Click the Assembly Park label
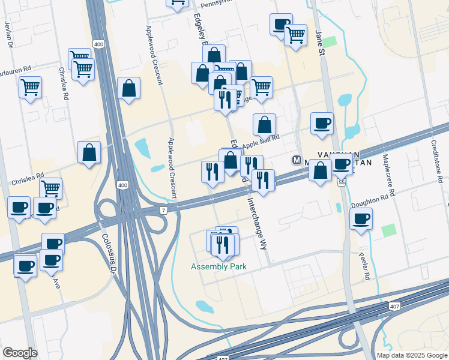(218, 266)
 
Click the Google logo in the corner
(20, 353)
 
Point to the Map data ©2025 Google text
(412, 355)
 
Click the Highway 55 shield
(340, 181)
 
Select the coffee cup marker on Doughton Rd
(360, 218)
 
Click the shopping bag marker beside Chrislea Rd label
(89, 152)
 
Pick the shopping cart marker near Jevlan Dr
(30, 88)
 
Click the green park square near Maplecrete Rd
(389, 230)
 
